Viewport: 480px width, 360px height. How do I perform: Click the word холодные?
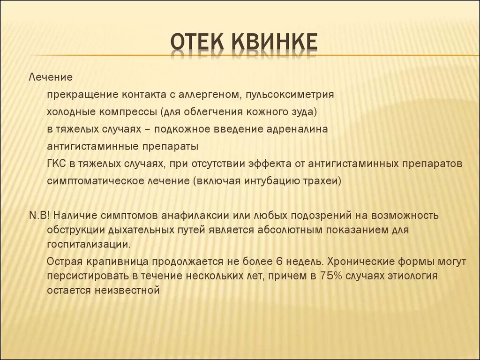tap(70, 112)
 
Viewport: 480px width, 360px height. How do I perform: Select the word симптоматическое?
tap(93, 181)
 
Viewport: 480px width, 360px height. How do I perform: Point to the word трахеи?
tap(321, 181)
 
